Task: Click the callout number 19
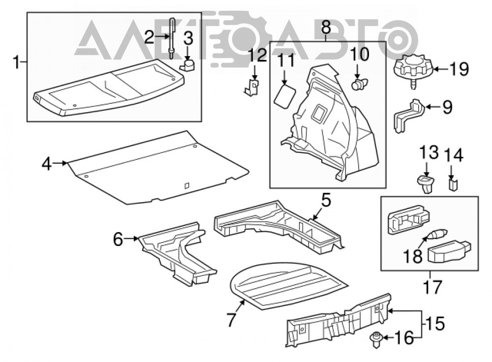pos(459,69)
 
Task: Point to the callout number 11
pos(286,60)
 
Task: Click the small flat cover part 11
pos(285,96)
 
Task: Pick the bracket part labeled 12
pos(252,88)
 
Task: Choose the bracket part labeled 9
pos(408,115)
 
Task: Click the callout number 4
pos(47,163)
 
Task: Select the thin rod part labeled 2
pos(172,38)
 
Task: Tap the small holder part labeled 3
pos(187,65)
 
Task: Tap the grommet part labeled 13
pos(426,184)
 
